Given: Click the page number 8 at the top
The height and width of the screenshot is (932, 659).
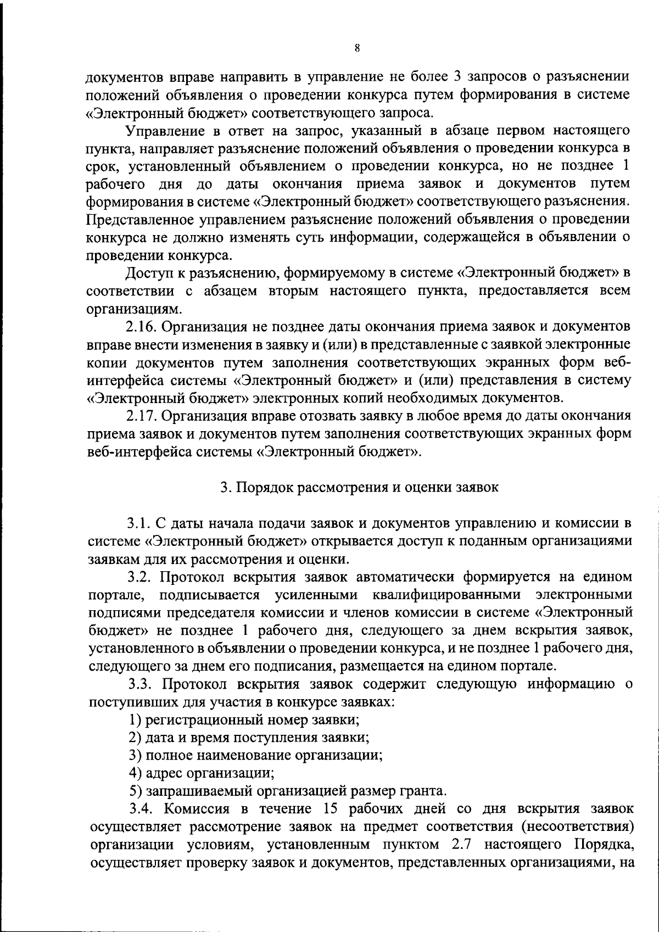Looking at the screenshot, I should tap(357, 48).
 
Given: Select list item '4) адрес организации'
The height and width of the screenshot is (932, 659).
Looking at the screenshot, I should tap(202, 773).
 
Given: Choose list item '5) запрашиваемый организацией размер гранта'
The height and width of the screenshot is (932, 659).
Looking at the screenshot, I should tap(288, 791).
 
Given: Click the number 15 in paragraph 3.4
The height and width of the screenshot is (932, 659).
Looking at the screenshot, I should tap(321, 809).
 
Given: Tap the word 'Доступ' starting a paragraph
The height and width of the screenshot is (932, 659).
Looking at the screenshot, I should tap(147, 273).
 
